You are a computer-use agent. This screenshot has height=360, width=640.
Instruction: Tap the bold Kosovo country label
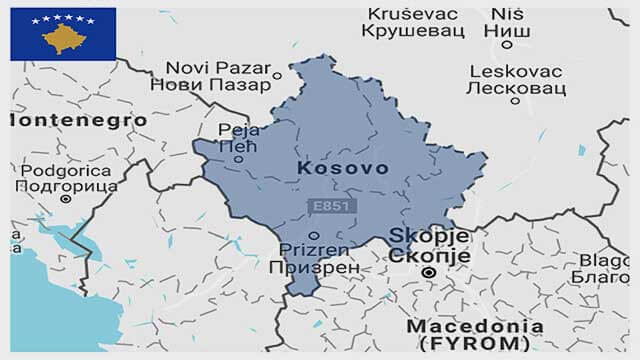[x=343, y=169]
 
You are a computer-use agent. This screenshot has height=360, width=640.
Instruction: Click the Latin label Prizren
[x=313, y=250]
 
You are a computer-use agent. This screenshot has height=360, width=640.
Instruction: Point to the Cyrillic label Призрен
[x=313, y=268]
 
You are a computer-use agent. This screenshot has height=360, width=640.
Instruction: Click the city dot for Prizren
[x=313, y=235]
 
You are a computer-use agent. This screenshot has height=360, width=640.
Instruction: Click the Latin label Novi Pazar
[x=207, y=67]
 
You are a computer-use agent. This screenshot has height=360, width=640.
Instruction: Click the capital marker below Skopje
[x=428, y=272]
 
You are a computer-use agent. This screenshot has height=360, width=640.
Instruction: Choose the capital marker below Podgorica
[x=66, y=198]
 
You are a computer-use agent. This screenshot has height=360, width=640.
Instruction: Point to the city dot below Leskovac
[x=515, y=100]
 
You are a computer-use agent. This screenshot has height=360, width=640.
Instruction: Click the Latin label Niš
[x=507, y=14]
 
